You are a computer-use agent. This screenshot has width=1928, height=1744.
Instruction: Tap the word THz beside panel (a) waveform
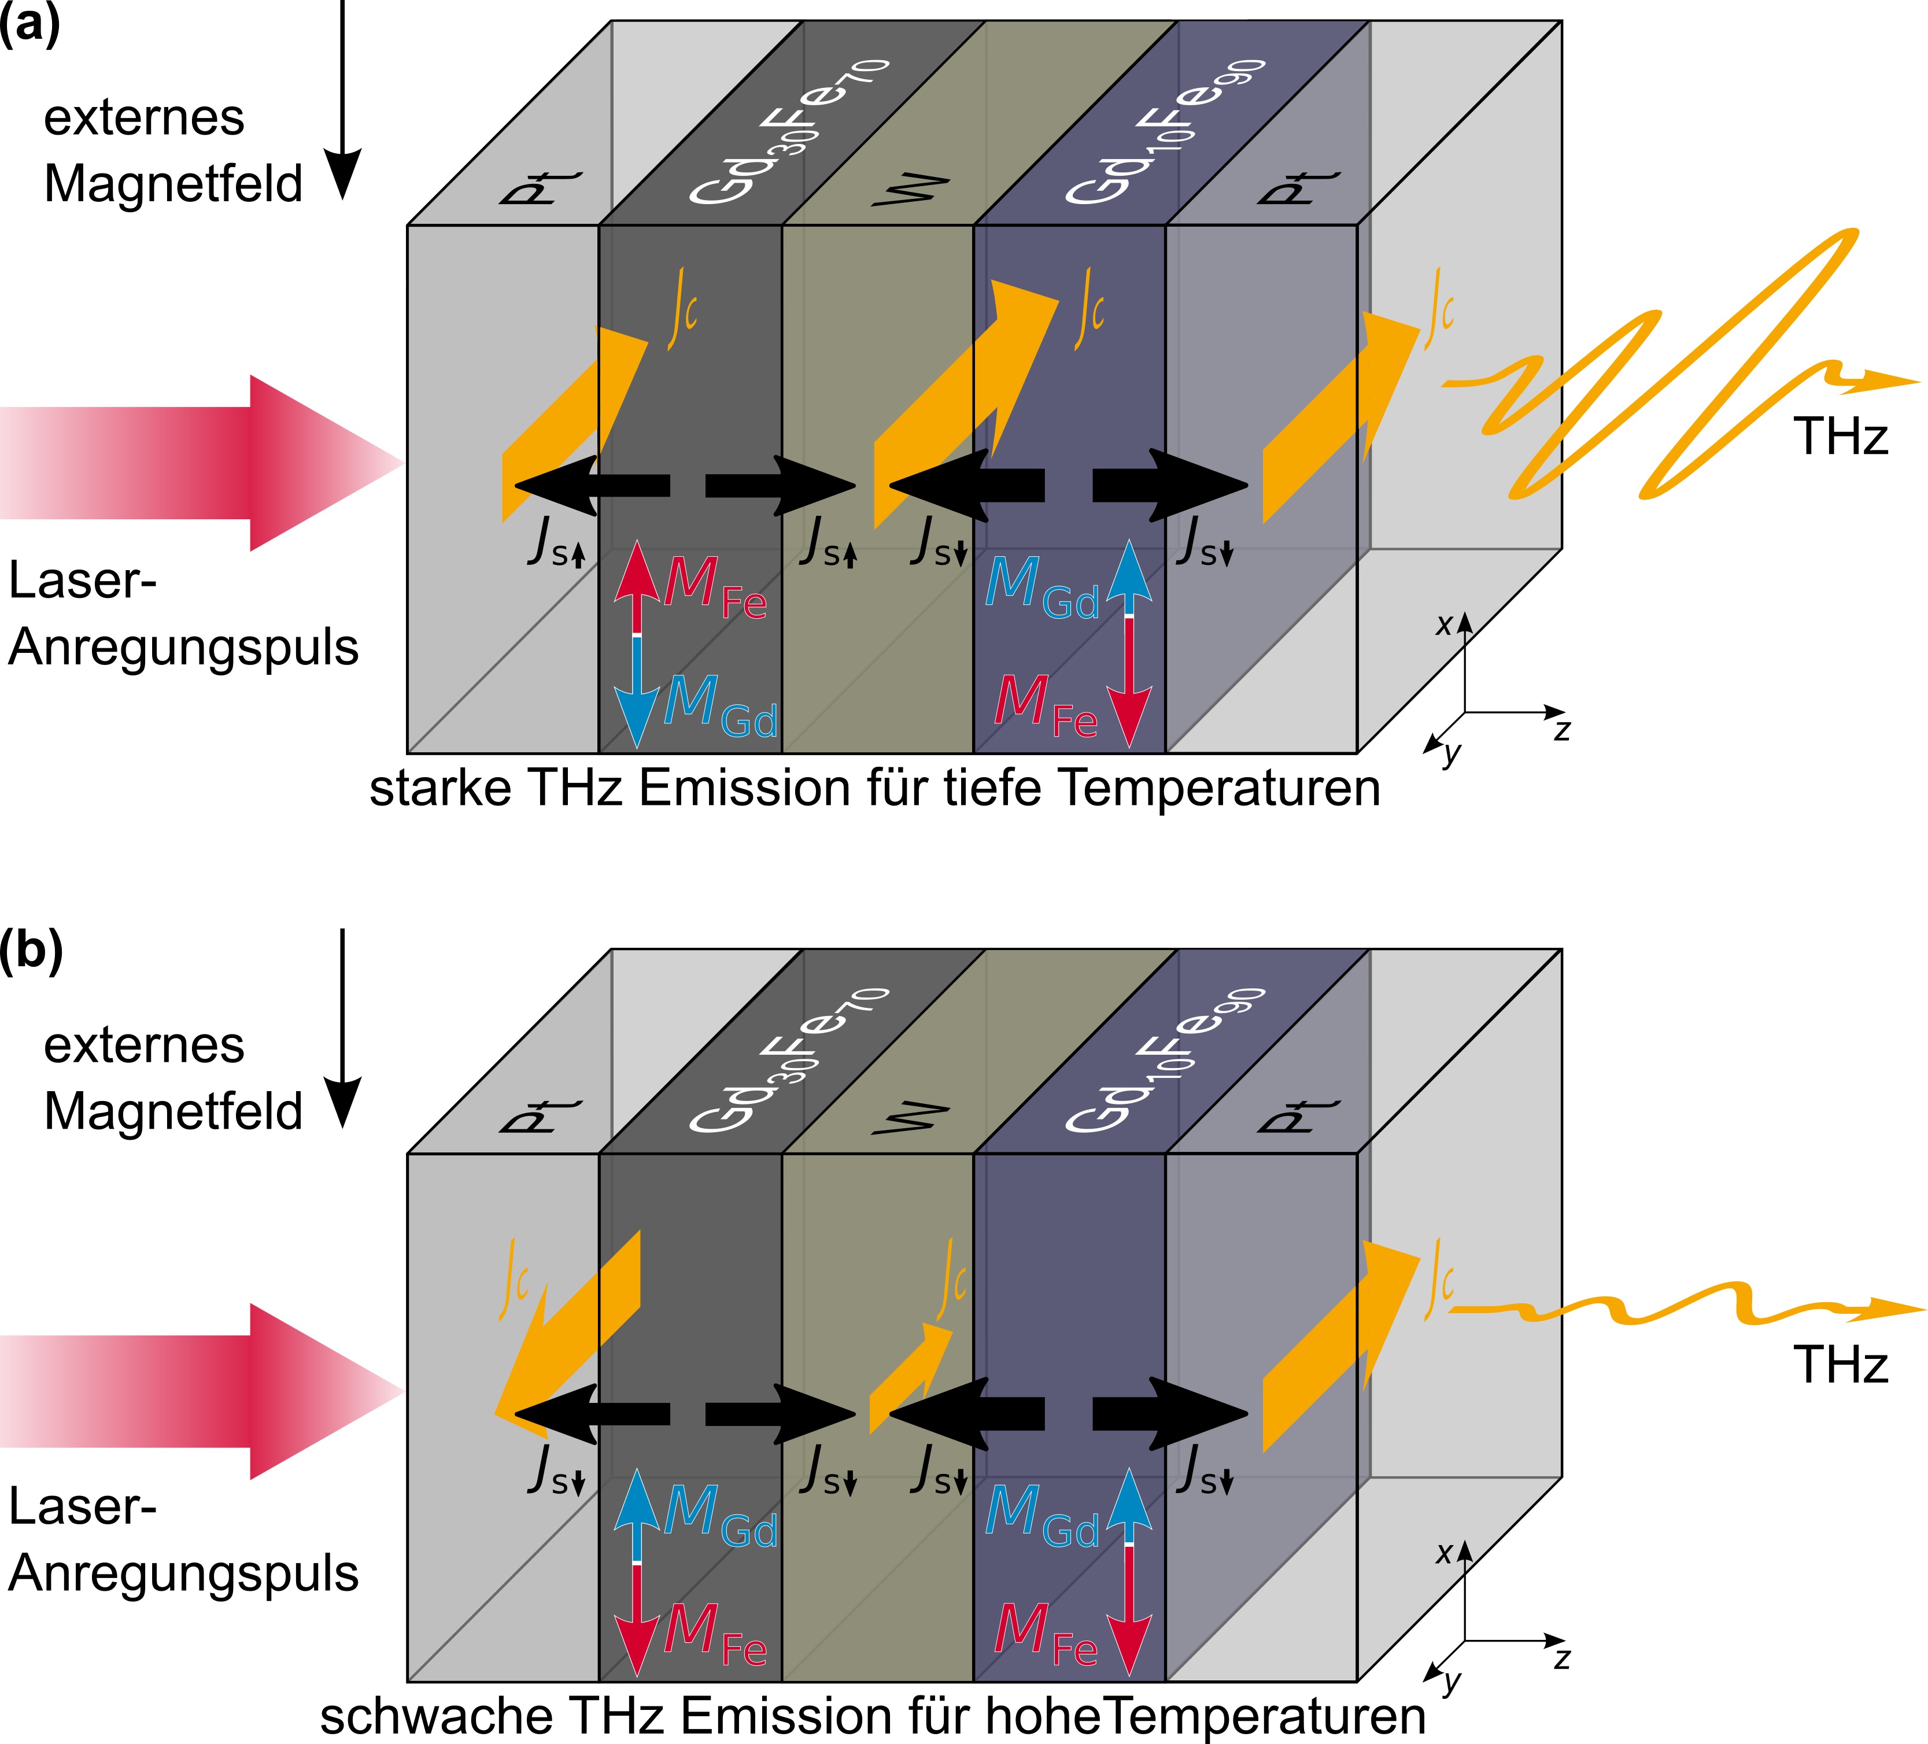pos(1840,437)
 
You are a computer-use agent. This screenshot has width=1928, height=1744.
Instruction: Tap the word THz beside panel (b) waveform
pos(1840,1365)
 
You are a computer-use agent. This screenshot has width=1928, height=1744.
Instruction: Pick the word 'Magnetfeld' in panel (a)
pos(173,183)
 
